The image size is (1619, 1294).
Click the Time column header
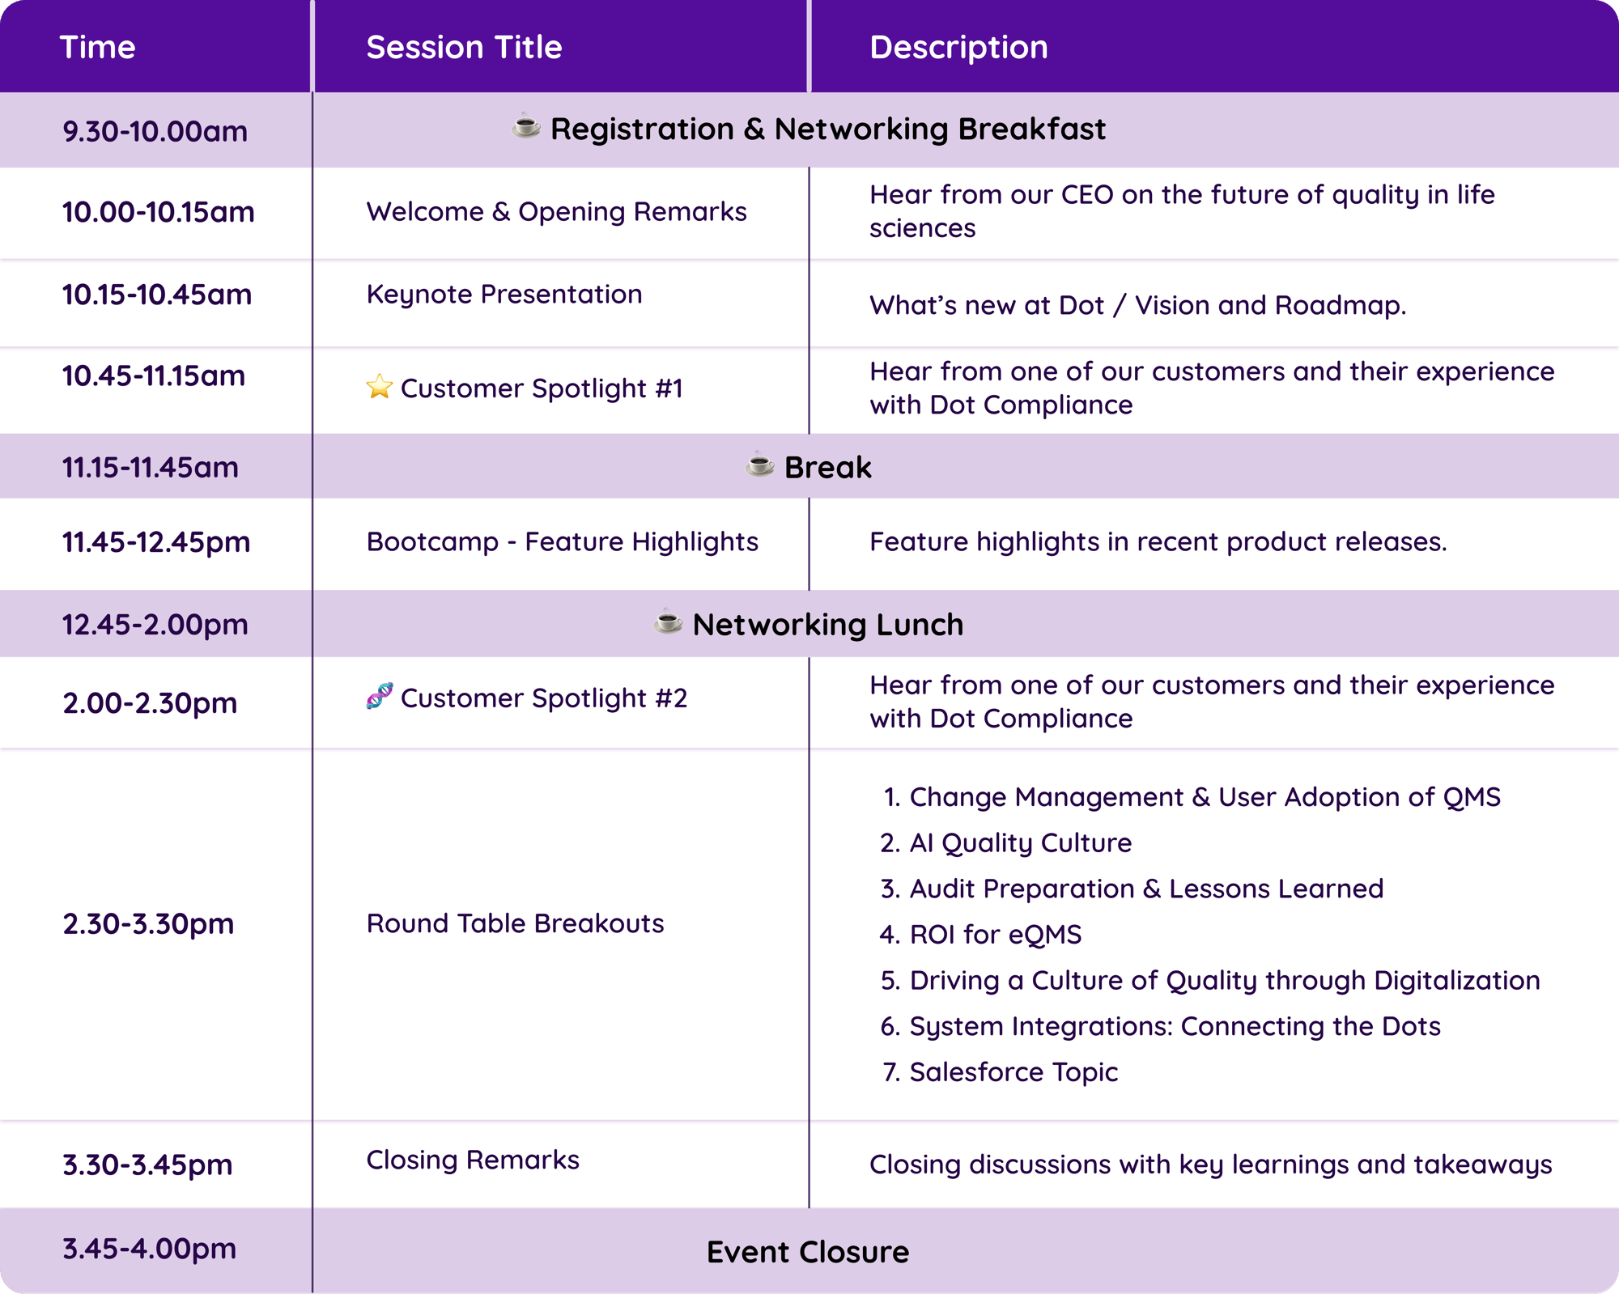click(x=97, y=48)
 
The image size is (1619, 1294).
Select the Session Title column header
click(x=464, y=48)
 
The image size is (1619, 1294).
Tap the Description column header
click(x=958, y=48)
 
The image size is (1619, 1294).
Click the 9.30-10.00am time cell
click(x=155, y=131)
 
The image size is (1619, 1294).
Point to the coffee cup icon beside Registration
click(x=526, y=127)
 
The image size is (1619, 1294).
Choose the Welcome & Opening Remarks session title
click(x=556, y=212)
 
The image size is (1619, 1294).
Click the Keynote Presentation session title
click(x=504, y=295)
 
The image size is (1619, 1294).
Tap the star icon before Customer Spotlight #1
click(x=379, y=387)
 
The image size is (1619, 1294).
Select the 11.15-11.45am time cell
click(x=151, y=468)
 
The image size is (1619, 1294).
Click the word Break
click(x=827, y=468)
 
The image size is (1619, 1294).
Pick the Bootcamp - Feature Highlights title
click(x=562, y=542)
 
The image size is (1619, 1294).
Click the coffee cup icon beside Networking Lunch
click(x=669, y=622)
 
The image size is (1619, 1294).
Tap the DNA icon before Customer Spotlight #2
click(x=379, y=696)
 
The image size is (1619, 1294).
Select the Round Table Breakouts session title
click(x=515, y=923)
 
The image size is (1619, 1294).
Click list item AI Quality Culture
click(x=1020, y=843)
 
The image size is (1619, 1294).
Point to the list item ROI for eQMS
click(x=995, y=935)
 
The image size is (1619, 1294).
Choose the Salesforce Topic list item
click(x=1013, y=1072)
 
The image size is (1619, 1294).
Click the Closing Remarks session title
click(x=473, y=1160)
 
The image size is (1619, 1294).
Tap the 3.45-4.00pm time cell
click(x=150, y=1249)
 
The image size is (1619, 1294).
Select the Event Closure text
click(x=808, y=1253)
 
